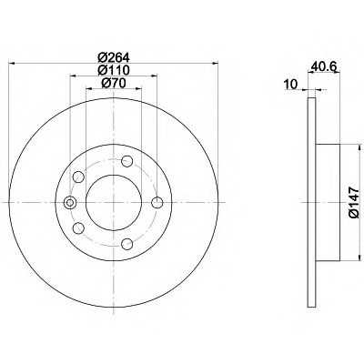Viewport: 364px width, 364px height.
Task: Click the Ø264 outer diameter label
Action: (x=114, y=57)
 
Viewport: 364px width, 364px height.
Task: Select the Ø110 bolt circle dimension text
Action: (x=114, y=70)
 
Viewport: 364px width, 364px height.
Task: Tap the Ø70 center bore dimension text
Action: (x=114, y=83)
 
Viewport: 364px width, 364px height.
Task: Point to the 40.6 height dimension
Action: (x=323, y=66)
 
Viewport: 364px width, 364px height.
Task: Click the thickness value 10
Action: (x=291, y=85)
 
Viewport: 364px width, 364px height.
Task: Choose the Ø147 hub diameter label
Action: (x=354, y=202)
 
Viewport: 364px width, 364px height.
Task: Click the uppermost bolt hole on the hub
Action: (x=126, y=161)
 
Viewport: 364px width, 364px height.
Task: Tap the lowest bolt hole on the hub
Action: (x=126, y=244)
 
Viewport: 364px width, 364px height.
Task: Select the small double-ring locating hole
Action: (x=70, y=203)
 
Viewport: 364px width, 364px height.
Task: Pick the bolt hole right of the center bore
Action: (x=157, y=203)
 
